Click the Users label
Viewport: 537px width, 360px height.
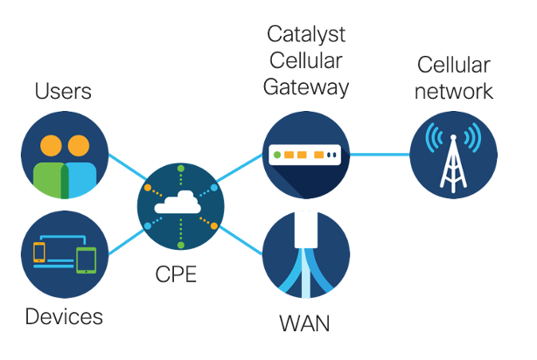(x=63, y=91)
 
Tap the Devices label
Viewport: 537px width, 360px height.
(x=63, y=315)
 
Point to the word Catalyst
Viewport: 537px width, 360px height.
(x=306, y=36)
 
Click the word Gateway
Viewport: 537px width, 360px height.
(x=306, y=87)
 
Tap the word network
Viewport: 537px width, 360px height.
(x=455, y=90)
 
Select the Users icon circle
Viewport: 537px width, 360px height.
(x=64, y=155)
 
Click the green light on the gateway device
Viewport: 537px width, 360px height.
(x=278, y=156)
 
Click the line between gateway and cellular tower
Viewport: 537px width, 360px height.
(x=380, y=155)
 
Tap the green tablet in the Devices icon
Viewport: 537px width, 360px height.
(x=86, y=260)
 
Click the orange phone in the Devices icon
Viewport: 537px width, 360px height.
(x=38, y=253)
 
